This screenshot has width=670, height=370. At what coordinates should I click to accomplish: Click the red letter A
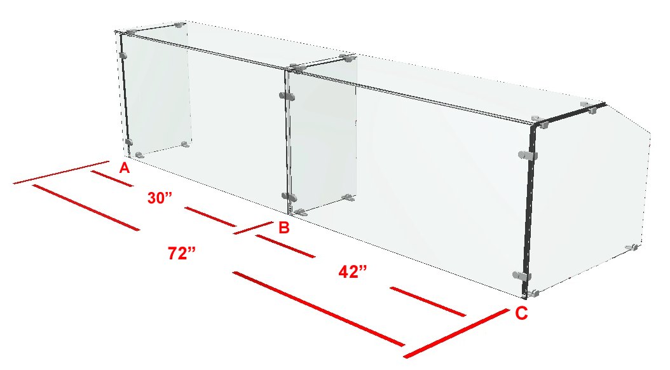click(x=125, y=168)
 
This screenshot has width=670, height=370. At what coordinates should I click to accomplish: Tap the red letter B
click(x=284, y=228)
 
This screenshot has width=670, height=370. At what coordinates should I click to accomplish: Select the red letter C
click(x=521, y=313)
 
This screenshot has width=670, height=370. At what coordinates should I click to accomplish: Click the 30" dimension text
click(x=160, y=198)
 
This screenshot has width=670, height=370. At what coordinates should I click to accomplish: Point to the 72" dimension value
click(x=182, y=254)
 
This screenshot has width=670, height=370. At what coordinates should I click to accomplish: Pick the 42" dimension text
click(x=353, y=271)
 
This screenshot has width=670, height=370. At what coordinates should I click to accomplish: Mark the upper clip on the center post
click(x=287, y=96)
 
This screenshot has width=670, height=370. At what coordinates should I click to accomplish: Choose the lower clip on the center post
click(x=289, y=197)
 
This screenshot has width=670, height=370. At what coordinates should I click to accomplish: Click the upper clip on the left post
click(x=123, y=55)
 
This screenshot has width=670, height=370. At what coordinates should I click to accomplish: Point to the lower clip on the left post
click(x=128, y=142)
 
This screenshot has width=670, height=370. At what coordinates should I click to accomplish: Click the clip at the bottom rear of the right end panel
click(x=632, y=247)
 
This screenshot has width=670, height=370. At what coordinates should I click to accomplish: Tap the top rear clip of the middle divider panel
click(x=347, y=57)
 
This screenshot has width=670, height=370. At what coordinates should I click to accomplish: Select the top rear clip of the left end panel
click(x=180, y=25)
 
